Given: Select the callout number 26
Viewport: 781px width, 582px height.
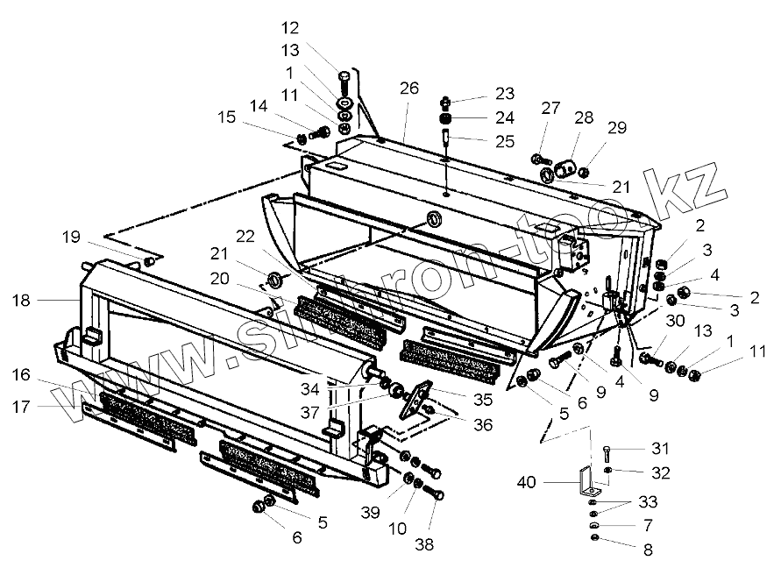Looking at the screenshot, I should [x=410, y=88].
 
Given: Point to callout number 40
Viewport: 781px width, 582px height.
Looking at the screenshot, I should [x=526, y=482].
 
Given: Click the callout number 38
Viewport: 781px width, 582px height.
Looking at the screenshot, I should [x=425, y=544].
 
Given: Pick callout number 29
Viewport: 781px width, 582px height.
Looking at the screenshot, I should [x=617, y=128].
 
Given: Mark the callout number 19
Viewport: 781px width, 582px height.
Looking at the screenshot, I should [x=71, y=236].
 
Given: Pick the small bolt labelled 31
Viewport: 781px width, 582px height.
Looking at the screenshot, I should [x=607, y=452].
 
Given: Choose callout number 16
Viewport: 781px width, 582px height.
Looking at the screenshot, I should [x=23, y=374].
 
